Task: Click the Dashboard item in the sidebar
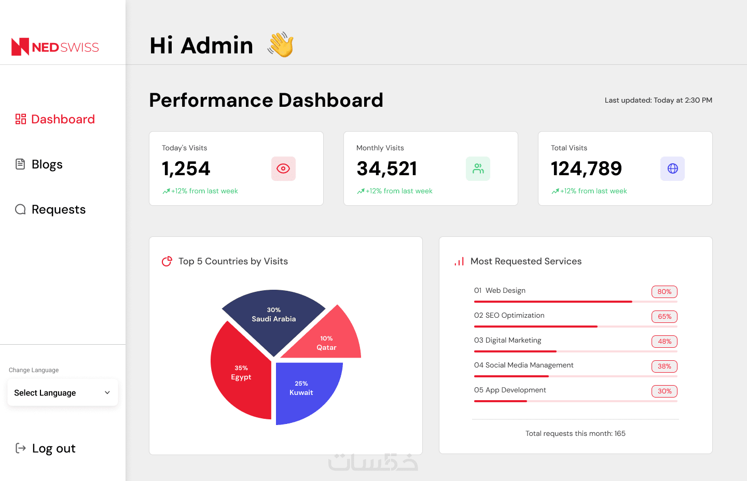(56, 119)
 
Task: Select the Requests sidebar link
(51, 209)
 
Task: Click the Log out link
(46, 448)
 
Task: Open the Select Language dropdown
(62, 393)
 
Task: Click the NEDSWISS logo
(55, 47)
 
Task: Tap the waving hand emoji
(281, 45)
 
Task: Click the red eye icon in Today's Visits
(283, 168)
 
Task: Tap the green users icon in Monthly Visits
(478, 168)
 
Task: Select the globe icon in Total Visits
(672, 168)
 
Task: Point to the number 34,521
(387, 168)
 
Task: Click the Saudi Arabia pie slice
(273, 316)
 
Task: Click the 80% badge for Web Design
(664, 292)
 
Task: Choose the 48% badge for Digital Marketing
(664, 342)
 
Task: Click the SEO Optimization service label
(509, 315)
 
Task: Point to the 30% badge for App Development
(664, 391)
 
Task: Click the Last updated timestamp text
(658, 100)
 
